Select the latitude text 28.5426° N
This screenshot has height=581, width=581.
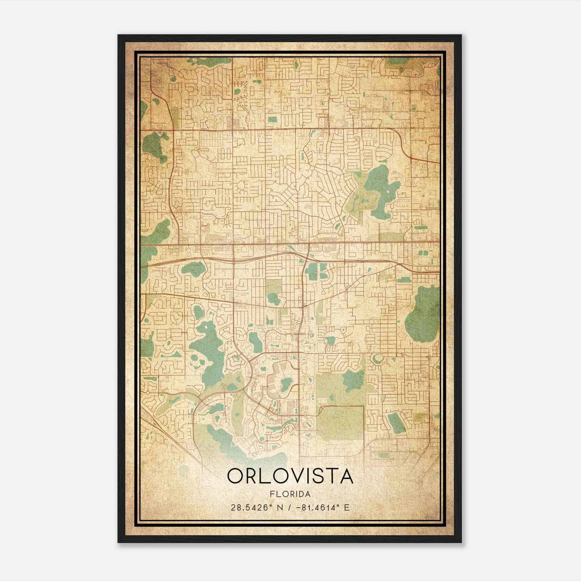pyautogui.click(x=256, y=507)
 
